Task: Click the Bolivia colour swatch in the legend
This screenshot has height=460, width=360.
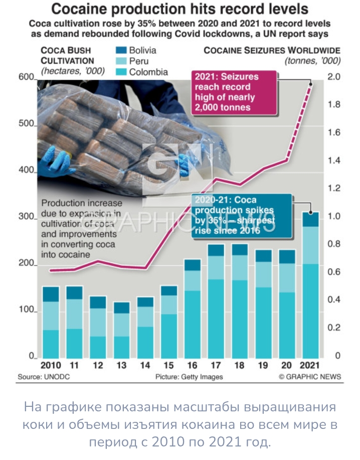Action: coord(121,50)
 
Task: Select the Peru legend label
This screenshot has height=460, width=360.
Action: coord(139,61)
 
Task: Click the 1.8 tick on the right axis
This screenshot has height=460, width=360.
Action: coord(334,104)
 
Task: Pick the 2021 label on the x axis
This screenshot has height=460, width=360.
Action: coord(309,365)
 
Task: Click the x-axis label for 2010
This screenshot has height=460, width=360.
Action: coord(51,365)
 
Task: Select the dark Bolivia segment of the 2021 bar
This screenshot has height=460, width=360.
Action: coord(310,219)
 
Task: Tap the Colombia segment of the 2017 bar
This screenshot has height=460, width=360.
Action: coord(216,319)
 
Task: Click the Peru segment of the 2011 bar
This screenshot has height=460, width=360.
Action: coord(75,314)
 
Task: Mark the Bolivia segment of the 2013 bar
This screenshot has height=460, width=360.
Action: coord(122,308)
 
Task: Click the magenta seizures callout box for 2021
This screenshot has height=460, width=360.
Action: coord(234,92)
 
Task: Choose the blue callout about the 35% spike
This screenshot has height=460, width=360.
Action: coord(242,216)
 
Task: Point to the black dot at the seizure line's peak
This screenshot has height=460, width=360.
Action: coord(311,84)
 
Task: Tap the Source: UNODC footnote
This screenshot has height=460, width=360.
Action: coord(44,377)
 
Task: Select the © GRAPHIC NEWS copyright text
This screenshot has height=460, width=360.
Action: coord(310,377)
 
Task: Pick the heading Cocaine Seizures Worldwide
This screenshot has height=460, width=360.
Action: coord(272,51)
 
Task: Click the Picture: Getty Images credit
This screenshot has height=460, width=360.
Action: coord(189,377)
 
